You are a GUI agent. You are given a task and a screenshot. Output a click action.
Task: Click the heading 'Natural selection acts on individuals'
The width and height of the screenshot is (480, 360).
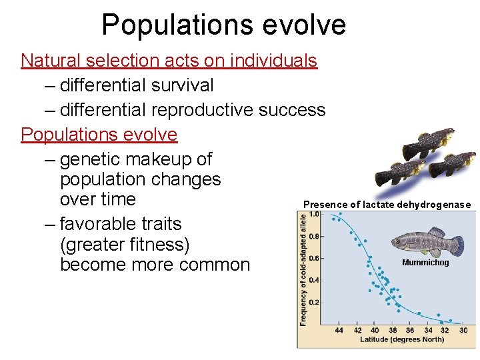click(x=169, y=61)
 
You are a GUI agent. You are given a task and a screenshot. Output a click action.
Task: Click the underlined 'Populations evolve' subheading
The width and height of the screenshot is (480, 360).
click(x=99, y=135)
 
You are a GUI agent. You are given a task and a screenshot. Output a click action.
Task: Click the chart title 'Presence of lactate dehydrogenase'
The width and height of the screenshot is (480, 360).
click(x=387, y=205)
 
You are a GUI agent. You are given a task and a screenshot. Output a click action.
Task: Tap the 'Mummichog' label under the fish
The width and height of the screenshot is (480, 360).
click(x=425, y=263)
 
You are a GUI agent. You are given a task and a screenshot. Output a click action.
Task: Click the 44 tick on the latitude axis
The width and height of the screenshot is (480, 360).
click(x=339, y=330)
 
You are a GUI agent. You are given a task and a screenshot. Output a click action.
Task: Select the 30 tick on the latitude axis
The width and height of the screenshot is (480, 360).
click(x=463, y=330)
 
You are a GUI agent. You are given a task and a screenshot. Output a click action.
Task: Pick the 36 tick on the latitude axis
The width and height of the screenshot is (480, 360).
click(x=410, y=330)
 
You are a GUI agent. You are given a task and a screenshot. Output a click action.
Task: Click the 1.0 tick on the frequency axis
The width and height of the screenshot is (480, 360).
click(x=313, y=214)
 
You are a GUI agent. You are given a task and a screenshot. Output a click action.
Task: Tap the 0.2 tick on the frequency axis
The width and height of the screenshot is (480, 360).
click(x=313, y=302)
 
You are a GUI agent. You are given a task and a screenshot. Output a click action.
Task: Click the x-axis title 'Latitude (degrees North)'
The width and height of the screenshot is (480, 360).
click(x=402, y=340)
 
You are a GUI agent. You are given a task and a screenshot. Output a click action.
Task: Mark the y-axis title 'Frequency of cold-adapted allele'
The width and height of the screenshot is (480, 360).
click(x=303, y=269)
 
